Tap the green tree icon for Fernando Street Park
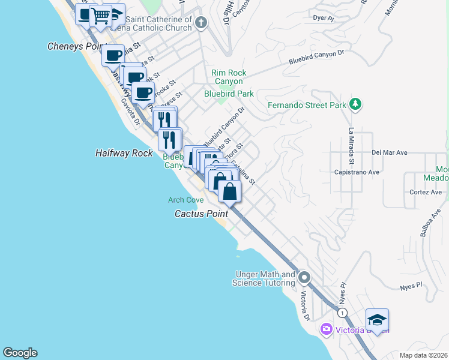pyautogui.click(x=355, y=104)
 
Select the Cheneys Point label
pyautogui.click(x=72, y=46)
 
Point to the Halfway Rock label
pyautogui.click(x=124, y=153)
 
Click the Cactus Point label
pyautogui.click(x=201, y=214)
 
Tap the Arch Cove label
pyautogui.click(x=185, y=200)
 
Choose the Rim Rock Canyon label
pyautogui.click(x=228, y=77)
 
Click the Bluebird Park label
pyautogui.click(x=229, y=94)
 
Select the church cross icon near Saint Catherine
pyautogui.click(x=200, y=23)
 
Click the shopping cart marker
pyautogui.click(x=101, y=16)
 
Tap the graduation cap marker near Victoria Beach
pyautogui.click(x=377, y=319)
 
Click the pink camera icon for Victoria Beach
pyautogui.click(x=326, y=328)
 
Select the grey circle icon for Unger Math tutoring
pyautogui.click(x=304, y=278)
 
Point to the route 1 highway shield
pyautogui.click(x=342, y=313)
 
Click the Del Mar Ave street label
pyautogui.click(x=390, y=153)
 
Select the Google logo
pyautogui.click(x=20, y=353)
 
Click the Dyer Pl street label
pyautogui.click(x=323, y=18)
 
